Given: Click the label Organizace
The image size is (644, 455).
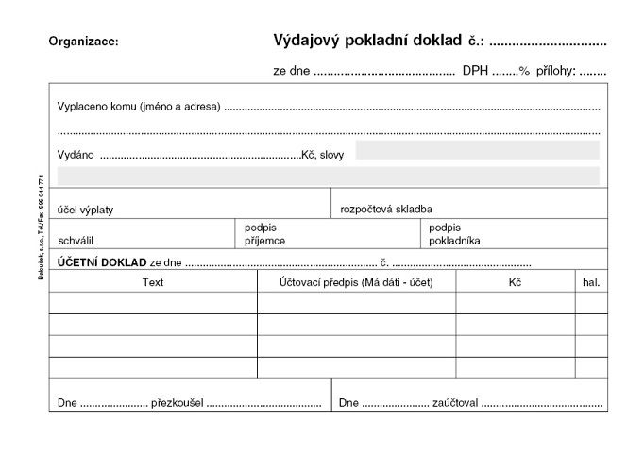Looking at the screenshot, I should [x=84, y=42].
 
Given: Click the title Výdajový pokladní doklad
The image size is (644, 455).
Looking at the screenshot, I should [x=367, y=41].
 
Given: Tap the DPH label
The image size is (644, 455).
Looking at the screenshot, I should [x=475, y=71].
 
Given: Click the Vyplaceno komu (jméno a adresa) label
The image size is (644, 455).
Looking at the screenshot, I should [x=139, y=107].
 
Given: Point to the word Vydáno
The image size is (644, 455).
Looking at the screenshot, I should [x=76, y=154].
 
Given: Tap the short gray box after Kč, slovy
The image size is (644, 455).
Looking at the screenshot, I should [x=477, y=150].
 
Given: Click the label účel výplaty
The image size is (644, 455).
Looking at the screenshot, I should [x=86, y=210].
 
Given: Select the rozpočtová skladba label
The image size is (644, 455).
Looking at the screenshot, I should [x=387, y=210].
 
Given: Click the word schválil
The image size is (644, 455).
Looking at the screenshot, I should [x=76, y=241].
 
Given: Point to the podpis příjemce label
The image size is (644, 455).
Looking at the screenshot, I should [x=264, y=234].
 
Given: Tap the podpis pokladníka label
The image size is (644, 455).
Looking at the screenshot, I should [x=454, y=234].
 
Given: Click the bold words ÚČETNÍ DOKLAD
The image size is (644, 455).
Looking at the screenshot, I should [x=102, y=261].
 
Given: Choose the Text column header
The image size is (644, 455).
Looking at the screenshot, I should [x=153, y=281].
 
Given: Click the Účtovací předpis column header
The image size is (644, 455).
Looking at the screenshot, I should [x=356, y=281].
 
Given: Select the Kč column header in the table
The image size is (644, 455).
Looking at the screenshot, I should [x=514, y=281].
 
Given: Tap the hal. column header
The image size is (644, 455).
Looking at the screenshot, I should [x=591, y=281].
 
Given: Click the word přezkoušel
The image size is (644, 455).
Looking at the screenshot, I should [x=177, y=403].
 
